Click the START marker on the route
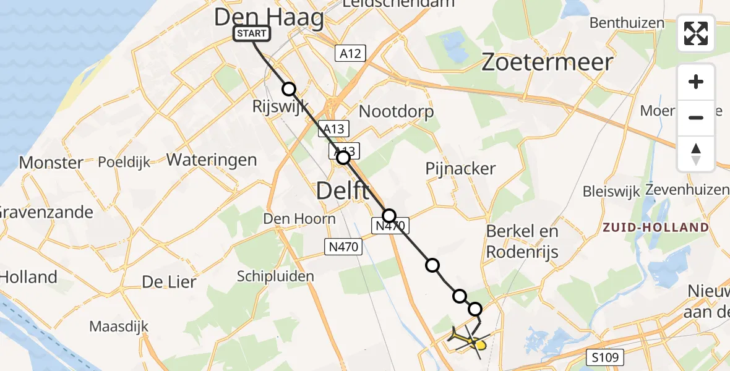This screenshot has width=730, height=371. (251, 33)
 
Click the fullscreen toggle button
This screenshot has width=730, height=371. (696, 33)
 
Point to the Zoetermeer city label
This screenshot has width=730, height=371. (547, 62)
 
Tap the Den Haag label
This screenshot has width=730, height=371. (268, 17)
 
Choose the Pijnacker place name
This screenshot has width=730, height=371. (460, 168)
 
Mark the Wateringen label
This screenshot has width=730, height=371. (212, 160)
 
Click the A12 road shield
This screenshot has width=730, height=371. (350, 53)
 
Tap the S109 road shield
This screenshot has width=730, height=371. (606, 357)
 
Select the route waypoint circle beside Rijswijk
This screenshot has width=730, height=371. (289, 88)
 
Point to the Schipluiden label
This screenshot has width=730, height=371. (276, 276)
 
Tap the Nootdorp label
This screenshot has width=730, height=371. (396, 112)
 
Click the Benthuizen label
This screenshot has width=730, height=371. (627, 23)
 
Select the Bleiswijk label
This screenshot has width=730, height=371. (611, 191)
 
